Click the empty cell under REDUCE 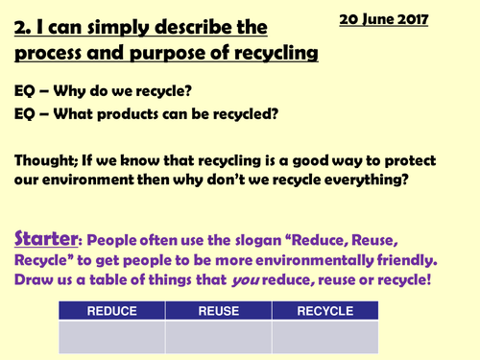(112, 336)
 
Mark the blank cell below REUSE (218, 336)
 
